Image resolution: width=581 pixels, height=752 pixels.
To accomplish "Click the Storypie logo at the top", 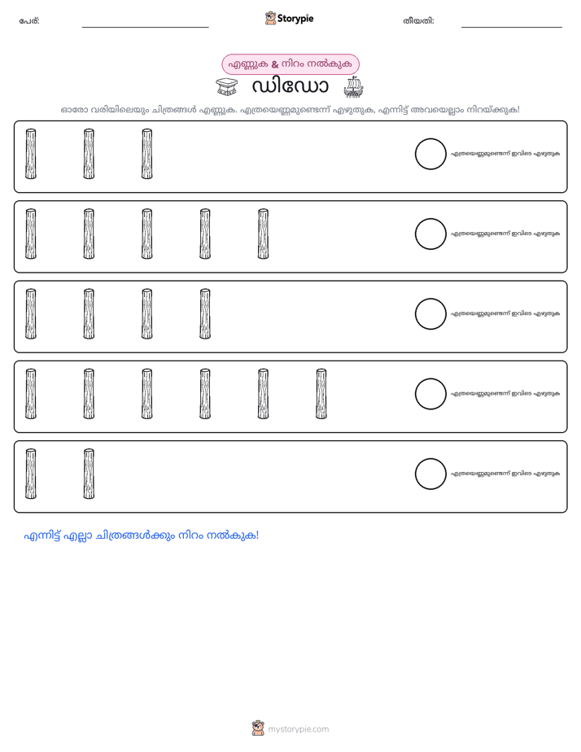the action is click(x=289, y=18).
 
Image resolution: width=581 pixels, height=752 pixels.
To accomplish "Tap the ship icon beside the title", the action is click(x=353, y=87).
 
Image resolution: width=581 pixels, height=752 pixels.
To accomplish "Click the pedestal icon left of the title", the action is click(x=226, y=87).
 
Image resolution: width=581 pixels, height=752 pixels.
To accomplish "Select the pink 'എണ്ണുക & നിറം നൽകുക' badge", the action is click(x=290, y=64).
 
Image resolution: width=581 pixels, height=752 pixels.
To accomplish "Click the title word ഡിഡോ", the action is click(x=290, y=87).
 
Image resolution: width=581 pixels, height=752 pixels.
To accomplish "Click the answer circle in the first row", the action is click(x=430, y=154).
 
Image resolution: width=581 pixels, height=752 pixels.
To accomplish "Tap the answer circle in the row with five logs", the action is click(x=430, y=234).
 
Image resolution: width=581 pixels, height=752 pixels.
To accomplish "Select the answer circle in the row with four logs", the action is click(x=430, y=314).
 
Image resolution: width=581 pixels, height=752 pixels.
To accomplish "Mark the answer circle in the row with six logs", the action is click(x=430, y=394).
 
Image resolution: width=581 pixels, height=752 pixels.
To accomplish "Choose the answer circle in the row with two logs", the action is click(x=430, y=474).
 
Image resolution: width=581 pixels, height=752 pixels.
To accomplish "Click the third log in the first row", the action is click(x=147, y=154).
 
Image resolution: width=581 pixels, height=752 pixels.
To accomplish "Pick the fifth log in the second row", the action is click(x=263, y=234).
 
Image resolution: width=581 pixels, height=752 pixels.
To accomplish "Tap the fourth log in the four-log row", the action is click(x=205, y=314).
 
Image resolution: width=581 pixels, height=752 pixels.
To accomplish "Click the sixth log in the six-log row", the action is click(x=321, y=394).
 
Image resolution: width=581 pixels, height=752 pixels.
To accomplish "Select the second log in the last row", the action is click(x=89, y=474).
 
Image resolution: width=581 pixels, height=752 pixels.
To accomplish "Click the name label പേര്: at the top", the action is click(x=29, y=21).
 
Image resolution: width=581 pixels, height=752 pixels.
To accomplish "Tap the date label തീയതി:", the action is click(x=418, y=21).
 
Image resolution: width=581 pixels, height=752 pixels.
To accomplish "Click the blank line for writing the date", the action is click(x=512, y=28).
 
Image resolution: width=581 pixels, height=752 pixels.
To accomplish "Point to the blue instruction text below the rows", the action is click(x=142, y=536).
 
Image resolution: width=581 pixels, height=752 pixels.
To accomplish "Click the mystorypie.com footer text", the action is click(x=298, y=729).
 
